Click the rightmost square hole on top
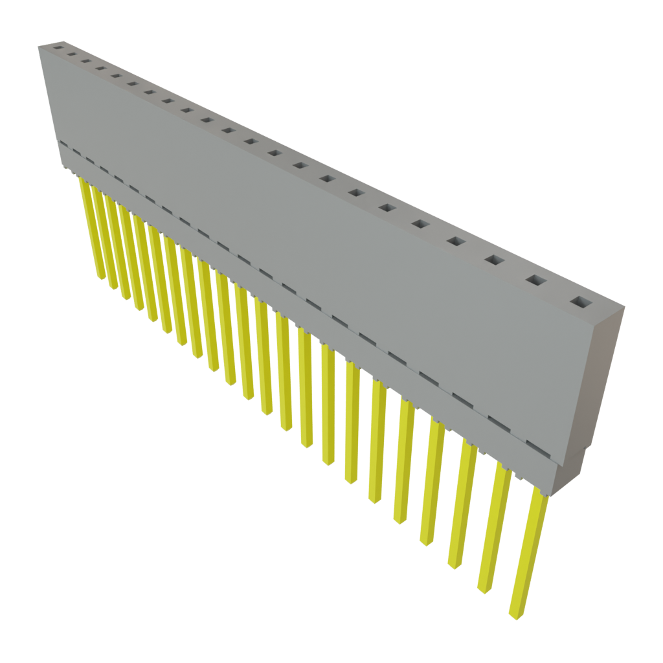coord(580,302)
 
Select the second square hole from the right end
coord(535,280)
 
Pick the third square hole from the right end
coord(494,260)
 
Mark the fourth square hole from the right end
coord(455,242)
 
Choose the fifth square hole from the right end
coord(420,224)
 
